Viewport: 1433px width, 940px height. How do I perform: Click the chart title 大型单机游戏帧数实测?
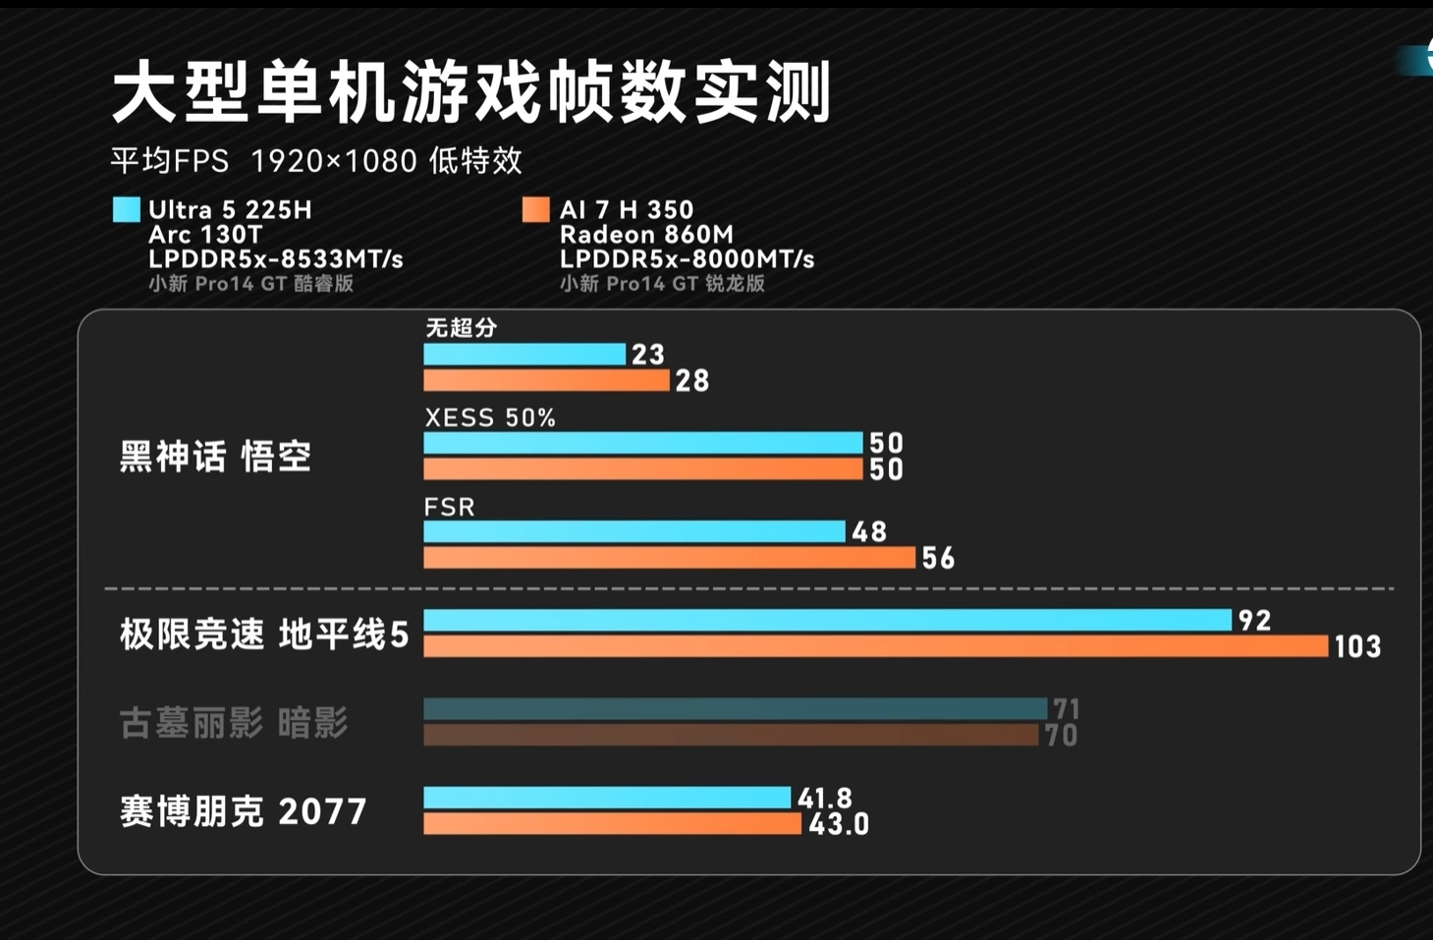pos(471,92)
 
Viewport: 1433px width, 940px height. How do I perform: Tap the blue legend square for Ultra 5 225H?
pos(127,209)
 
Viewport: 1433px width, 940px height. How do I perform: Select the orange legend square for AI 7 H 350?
pos(535,209)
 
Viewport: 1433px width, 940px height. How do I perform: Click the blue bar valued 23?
pos(524,354)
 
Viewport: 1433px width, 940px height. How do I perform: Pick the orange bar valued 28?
pos(546,380)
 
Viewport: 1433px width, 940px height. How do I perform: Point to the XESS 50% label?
pos(490,417)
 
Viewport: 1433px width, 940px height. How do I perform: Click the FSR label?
pos(449,507)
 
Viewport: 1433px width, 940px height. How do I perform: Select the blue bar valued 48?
pos(634,531)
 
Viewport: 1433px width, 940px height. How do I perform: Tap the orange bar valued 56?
pos(669,558)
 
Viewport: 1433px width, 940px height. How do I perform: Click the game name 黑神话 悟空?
pos(215,457)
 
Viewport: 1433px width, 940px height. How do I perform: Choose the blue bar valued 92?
pos(827,620)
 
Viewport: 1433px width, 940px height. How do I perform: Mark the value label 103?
pos(1357,646)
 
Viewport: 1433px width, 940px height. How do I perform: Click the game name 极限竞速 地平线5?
pos(263,635)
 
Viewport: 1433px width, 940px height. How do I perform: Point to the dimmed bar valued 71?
pos(735,708)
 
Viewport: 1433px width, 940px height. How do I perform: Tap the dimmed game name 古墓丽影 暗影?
pos(234,724)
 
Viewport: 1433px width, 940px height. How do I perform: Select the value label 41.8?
pos(825,798)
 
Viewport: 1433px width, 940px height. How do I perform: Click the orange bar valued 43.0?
pos(612,823)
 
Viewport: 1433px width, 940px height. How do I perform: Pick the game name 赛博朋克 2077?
pos(243,812)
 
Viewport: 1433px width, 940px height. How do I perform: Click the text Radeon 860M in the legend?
pos(645,235)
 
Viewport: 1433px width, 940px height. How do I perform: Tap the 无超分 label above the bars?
pos(461,328)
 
